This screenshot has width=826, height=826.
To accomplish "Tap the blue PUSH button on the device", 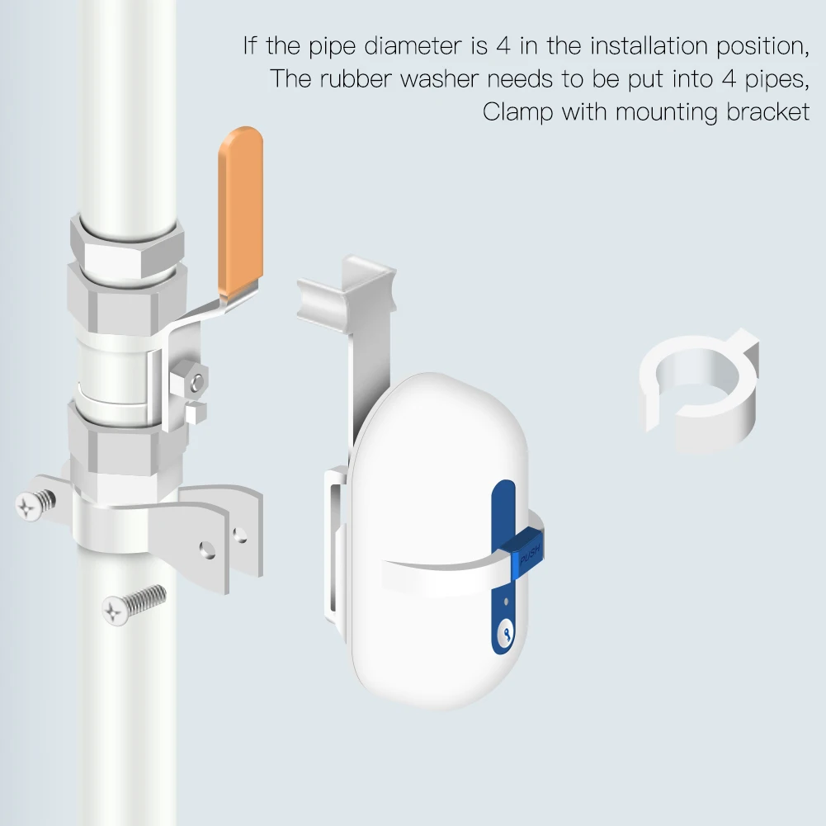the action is coord(527,555).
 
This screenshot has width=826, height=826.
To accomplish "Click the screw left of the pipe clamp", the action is coord(35,504).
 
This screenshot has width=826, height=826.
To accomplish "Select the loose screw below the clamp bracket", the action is coord(134,605).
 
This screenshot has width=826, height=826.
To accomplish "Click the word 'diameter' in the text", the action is coord(413,46).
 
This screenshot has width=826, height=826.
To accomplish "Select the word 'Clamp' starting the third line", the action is coord(518,113).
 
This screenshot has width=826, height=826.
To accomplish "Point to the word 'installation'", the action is coord(649,46).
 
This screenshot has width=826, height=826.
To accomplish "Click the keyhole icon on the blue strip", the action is coord(506,634).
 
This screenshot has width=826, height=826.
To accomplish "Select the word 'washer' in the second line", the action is coord(439,79).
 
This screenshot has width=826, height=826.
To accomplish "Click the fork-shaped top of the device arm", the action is coord(346,289).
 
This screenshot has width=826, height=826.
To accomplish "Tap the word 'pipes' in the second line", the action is coord(776,80).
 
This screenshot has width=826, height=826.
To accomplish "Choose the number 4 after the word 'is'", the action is coord(503,46).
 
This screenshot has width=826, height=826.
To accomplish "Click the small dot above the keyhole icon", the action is coord(506,601).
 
